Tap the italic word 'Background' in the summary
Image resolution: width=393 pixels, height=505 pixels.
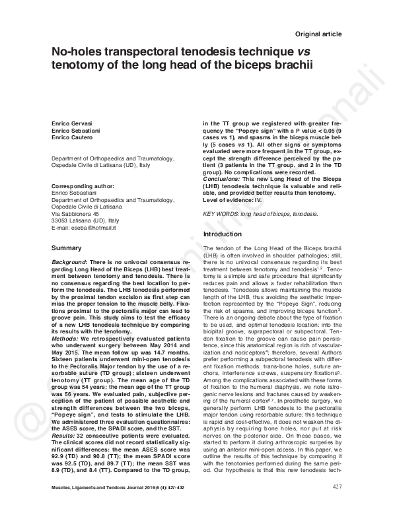(70, 262)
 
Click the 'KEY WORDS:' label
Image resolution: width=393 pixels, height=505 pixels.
(222, 215)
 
